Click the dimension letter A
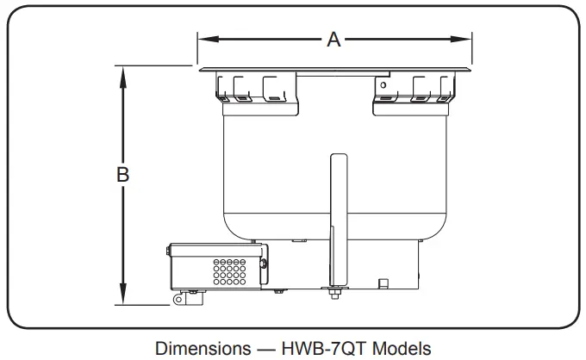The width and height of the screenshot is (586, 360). coord(334,40)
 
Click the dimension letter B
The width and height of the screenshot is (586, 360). coord(123,174)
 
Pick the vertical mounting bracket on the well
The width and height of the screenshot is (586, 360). coord(338,215)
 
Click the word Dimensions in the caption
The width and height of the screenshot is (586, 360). coord(198,347)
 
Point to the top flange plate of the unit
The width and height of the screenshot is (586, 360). coord(334,69)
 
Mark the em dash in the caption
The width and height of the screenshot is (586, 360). coord(259,347)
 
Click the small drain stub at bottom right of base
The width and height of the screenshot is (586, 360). coord(380,282)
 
